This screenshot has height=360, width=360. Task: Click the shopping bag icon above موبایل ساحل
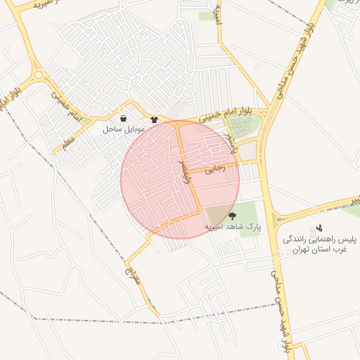(124, 119)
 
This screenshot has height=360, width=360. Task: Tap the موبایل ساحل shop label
(124, 129)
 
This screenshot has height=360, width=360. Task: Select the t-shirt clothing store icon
(155, 120)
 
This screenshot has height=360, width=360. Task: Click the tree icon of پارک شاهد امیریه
(233, 217)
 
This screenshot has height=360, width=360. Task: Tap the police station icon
(320, 228)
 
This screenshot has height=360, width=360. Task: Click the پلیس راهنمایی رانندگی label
(320, 239)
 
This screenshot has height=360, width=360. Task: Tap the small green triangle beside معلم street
(86, 121)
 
